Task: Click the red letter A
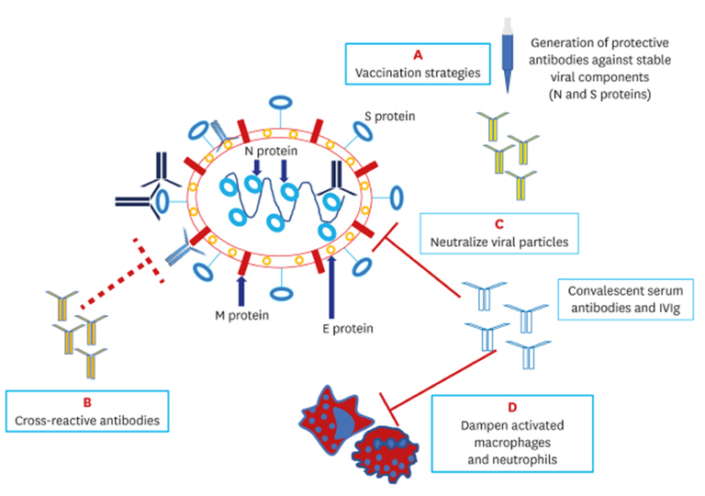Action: point(417,54)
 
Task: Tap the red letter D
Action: point(520,408)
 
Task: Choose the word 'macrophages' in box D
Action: point(520,443)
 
